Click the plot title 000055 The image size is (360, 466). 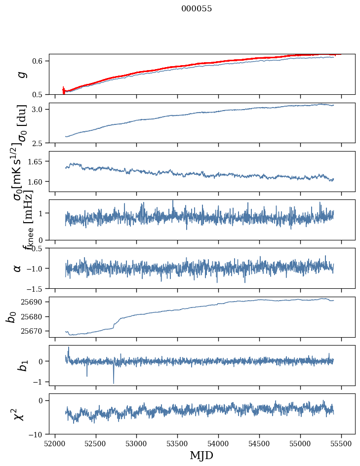[197, 8]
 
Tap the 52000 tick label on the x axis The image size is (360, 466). [55, 444]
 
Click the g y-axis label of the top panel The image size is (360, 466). [20, 75]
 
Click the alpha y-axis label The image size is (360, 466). [18, 268]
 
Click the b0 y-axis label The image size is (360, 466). [11, 316]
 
